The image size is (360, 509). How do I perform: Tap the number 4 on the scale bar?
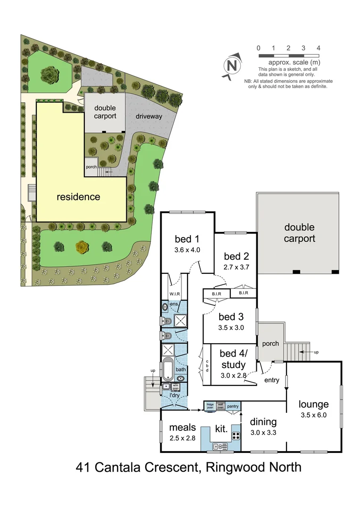[319, 48]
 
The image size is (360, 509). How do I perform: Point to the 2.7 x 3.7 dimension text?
[236, 267]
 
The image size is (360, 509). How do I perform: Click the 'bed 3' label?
[231, 316]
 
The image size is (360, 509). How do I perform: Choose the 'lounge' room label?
[313, 404]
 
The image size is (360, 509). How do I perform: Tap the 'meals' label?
[182, 427]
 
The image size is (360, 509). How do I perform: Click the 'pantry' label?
[233, 406]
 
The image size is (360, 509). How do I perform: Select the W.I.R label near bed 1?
[175, 294]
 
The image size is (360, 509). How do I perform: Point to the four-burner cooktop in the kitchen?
[236, 435]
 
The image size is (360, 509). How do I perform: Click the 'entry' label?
[271, 380]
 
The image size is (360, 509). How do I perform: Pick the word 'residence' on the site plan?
[78, 197]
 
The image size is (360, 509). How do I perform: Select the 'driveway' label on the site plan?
[149, 116]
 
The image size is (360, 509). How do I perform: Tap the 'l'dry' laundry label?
[168, 394]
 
